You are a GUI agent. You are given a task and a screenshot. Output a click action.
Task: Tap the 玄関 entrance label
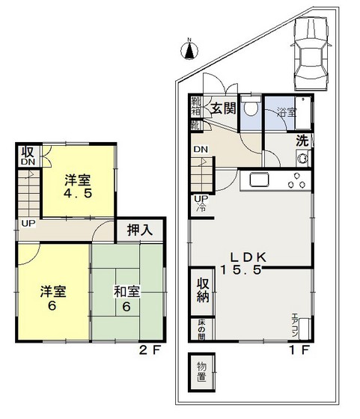(222, 108)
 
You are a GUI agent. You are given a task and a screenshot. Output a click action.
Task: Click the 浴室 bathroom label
(287, 113)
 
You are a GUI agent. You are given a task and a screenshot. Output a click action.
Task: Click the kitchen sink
(259, 180)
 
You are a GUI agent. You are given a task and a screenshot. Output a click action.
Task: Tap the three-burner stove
(297, 180)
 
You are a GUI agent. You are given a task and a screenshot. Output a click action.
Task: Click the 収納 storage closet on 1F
(202, 293)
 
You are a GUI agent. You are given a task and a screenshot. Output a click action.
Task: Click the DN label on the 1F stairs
(201, 150)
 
